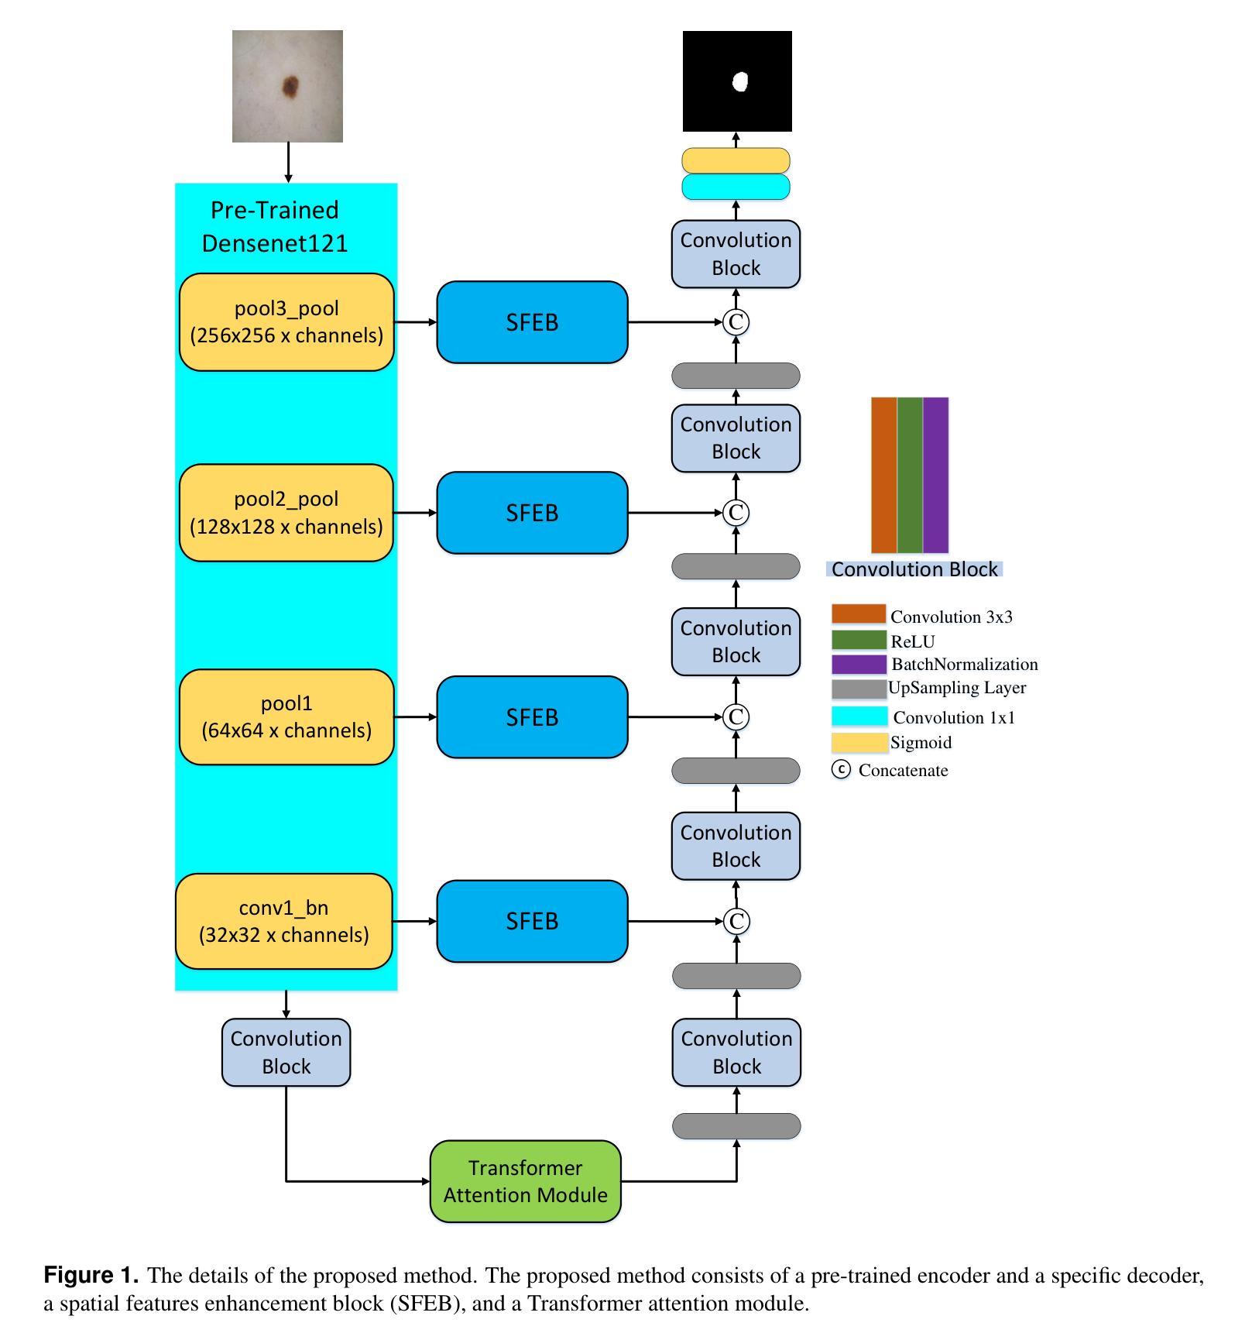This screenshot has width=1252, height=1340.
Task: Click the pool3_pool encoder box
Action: click(286, 321)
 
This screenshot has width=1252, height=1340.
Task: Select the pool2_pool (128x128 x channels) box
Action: click(286, 513)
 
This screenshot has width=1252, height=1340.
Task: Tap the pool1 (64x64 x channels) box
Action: click(286, 717)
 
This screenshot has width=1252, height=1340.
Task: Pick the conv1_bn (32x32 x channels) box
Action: click(284, 921)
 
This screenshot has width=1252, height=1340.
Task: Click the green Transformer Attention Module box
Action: click(526, 1181)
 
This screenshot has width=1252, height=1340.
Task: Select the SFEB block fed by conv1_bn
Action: click(532, 921)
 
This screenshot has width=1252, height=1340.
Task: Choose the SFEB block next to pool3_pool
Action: click(532, 321)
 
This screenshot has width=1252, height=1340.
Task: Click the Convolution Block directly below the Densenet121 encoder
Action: click(286, 1052)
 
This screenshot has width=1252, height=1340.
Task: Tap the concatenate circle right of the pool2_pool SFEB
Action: click(736, 513)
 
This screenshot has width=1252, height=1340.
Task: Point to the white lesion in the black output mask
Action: click(740, 81)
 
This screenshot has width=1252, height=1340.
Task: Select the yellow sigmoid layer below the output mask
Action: click(736, 160)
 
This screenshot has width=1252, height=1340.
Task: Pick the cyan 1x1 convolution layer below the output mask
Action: click(736, 187)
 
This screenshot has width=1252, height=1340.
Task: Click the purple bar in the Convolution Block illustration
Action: click(935, 475)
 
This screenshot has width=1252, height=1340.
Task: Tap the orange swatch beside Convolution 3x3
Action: click(859, 614)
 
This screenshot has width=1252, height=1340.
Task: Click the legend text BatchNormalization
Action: click(965, 665)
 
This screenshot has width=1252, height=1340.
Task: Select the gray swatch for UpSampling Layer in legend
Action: click(859, 689)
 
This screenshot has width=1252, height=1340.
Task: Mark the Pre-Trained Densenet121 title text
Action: click(275, 226)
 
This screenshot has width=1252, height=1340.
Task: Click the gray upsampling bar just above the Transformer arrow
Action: click(736, 1126)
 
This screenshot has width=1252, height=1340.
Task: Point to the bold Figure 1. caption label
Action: click(91, 1276)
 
